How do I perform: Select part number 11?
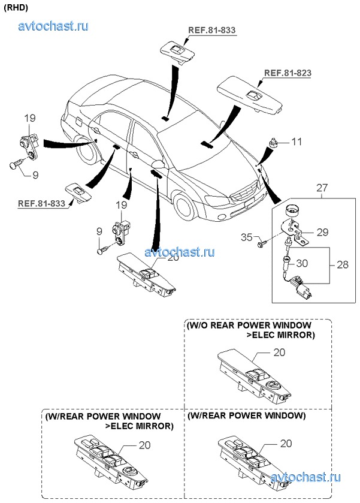(297, 141)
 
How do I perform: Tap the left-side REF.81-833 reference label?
(41, 203)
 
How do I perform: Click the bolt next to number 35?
(262, 243)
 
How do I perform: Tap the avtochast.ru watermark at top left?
(54, 26)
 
